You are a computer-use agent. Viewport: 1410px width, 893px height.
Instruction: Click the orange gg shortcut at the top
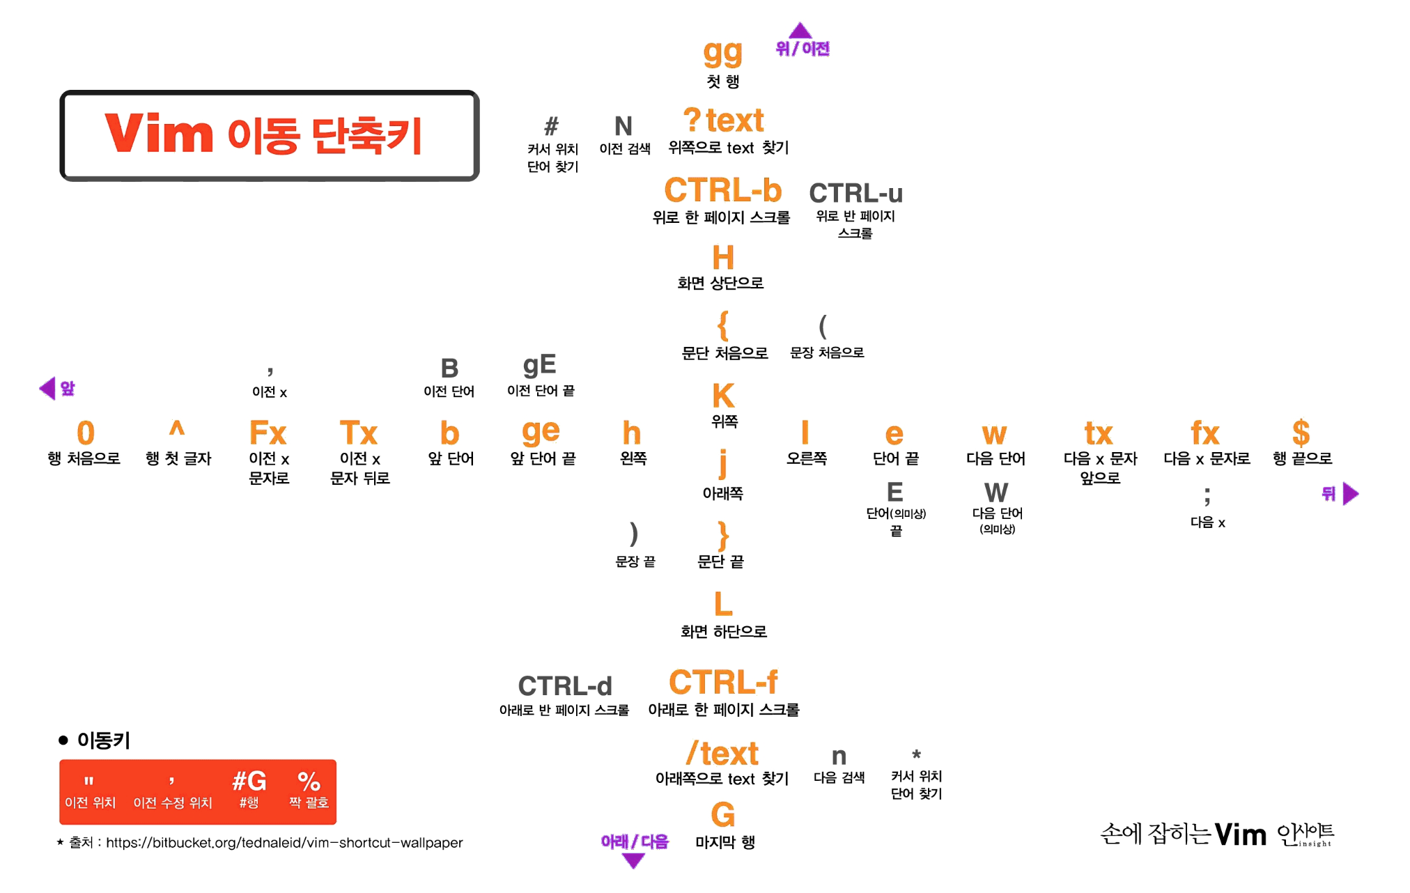722,54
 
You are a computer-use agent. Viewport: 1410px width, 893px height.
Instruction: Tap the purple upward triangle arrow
800,31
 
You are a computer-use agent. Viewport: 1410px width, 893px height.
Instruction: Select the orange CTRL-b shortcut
722,190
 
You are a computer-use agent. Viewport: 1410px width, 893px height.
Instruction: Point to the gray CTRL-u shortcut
855,193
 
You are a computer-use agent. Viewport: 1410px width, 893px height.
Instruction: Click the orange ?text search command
723,121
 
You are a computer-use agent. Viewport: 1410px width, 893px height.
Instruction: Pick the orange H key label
723,258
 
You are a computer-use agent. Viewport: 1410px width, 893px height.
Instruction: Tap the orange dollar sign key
1301,433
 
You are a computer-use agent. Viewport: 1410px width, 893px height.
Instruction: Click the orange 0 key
85,433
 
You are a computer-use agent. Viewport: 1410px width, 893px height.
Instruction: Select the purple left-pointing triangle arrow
47,388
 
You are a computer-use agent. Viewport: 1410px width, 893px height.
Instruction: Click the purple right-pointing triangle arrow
1351,494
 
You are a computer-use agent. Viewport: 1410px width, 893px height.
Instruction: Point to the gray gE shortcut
539,365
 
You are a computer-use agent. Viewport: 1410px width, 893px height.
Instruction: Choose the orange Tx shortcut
359,433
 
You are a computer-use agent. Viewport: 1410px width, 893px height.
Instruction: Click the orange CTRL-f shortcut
723,682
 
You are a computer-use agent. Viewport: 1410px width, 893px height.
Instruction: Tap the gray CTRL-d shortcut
565,686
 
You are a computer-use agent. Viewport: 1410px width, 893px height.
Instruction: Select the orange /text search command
722,753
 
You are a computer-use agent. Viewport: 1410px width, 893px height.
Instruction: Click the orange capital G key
723,814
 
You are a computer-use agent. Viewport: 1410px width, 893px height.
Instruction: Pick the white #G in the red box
249,781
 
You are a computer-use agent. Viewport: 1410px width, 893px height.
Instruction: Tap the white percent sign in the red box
309,781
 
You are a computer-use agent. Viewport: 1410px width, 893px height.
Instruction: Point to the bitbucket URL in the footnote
284,843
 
